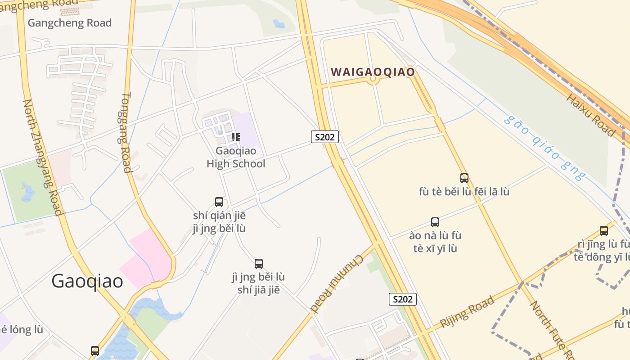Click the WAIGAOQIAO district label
click(x=373, y=72)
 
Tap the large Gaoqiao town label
click(x=87, y=281)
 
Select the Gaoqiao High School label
click(x=236, y=157)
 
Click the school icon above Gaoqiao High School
click(x=235, y=137)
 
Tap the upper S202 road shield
click(x=324, y=137)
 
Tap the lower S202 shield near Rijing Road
click(x=402, y=299)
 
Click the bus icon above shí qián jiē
click(x=219, y=202)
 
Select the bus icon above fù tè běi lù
click(x=464, y=178)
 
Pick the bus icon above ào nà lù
click(x=435, y=222)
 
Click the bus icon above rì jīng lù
click(x=603, y=231)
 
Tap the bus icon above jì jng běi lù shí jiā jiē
click(x=258, y=263)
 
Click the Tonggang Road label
click(x=126, y=133)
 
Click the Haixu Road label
click(x=591, y=115)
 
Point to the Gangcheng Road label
click(x=70, y=23)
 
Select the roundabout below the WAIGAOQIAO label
click(x=372, y=80)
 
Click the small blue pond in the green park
click(x=28, y=193)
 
